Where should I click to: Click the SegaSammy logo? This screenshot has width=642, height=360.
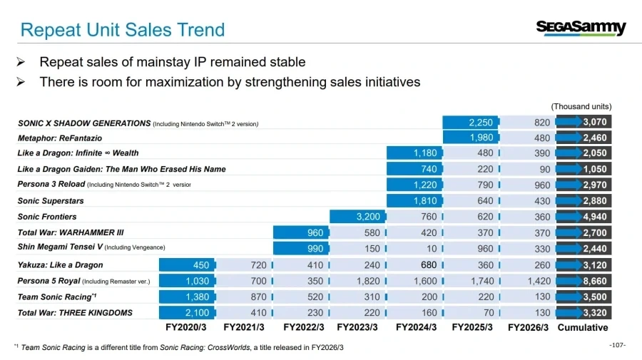[581, 29]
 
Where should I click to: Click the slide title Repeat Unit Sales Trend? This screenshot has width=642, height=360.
[123, 30]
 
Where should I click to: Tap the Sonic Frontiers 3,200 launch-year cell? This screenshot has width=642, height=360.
[357, 217]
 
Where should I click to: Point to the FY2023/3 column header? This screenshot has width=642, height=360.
[357, 327]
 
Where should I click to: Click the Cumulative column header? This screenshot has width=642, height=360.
[583, 327]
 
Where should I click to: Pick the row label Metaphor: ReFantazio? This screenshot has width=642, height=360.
[60, 138]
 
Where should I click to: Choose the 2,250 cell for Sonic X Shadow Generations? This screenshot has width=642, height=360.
[471, 123]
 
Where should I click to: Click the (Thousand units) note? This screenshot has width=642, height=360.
[581, 106]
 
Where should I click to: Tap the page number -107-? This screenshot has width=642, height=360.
[617, 345]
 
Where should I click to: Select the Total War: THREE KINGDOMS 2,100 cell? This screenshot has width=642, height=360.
[187, 312]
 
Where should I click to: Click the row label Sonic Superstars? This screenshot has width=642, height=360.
[51, 201]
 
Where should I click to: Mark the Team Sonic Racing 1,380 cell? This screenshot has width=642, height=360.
[187, 297]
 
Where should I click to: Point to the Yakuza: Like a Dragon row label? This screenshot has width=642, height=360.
[60, 265]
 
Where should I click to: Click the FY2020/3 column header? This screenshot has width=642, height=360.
[186, 327]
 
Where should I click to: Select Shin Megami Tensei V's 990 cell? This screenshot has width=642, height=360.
[301, 248]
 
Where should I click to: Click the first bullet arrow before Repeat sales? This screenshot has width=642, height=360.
[21, 62]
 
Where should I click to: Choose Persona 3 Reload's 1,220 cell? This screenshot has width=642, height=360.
[414, 185]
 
